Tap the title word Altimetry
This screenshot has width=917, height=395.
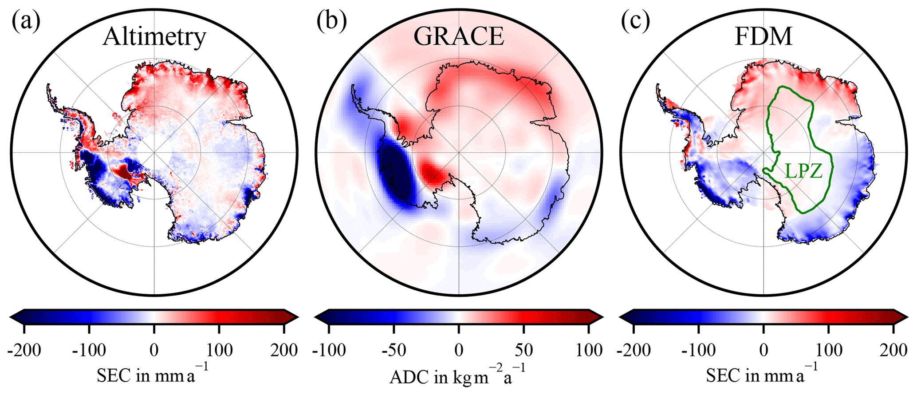154,37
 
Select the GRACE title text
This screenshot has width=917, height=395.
459,37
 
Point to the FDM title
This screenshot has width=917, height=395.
764,37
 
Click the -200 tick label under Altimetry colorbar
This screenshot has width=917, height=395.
24,351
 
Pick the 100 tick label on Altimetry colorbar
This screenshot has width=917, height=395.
219,351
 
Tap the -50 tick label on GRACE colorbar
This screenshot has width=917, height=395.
394,351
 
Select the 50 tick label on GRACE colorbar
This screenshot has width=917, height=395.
524,351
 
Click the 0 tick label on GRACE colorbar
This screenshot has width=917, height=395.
459,351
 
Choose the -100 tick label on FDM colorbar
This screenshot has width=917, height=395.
698,351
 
